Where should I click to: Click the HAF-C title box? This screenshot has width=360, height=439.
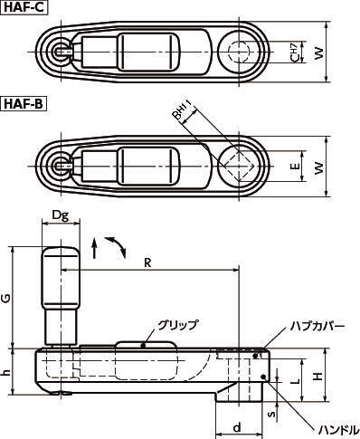coord(24,7)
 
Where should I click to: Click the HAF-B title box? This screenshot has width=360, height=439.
coord(24,104)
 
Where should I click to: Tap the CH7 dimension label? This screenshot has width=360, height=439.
coord(295,52)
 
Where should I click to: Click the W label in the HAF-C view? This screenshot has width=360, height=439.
coord(318,53)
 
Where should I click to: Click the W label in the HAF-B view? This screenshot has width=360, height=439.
coord(318,167)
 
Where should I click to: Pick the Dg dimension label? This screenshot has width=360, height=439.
coord(61,215)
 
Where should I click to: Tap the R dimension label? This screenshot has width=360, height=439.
coord(147,262)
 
